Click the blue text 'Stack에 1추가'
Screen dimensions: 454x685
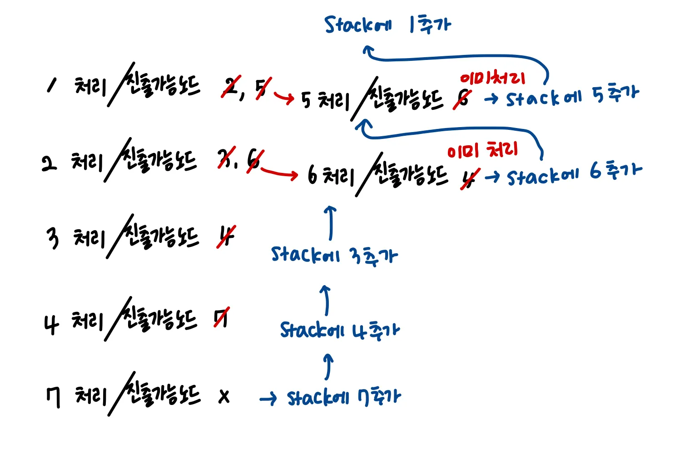[387, 25]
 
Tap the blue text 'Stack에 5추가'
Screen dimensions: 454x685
[572, 96]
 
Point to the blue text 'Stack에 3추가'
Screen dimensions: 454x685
[334, 255]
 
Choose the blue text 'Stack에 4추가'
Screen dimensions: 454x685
[340, 330]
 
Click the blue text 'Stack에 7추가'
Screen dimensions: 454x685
[344, 398]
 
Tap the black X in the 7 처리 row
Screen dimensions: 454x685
[224, 397]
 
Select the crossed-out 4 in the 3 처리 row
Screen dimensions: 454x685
[226, 237]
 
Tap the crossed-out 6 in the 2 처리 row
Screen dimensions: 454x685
[253, 160]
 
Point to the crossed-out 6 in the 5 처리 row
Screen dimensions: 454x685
[462, 98]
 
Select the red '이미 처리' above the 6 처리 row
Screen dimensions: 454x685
[482, 150]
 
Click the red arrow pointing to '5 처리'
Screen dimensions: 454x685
[284, 97]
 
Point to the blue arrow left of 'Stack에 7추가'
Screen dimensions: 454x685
[268, 399]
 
